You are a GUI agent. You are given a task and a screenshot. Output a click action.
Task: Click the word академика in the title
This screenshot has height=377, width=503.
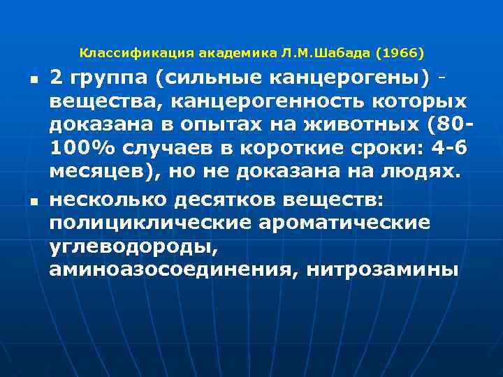tap(230, 53)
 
